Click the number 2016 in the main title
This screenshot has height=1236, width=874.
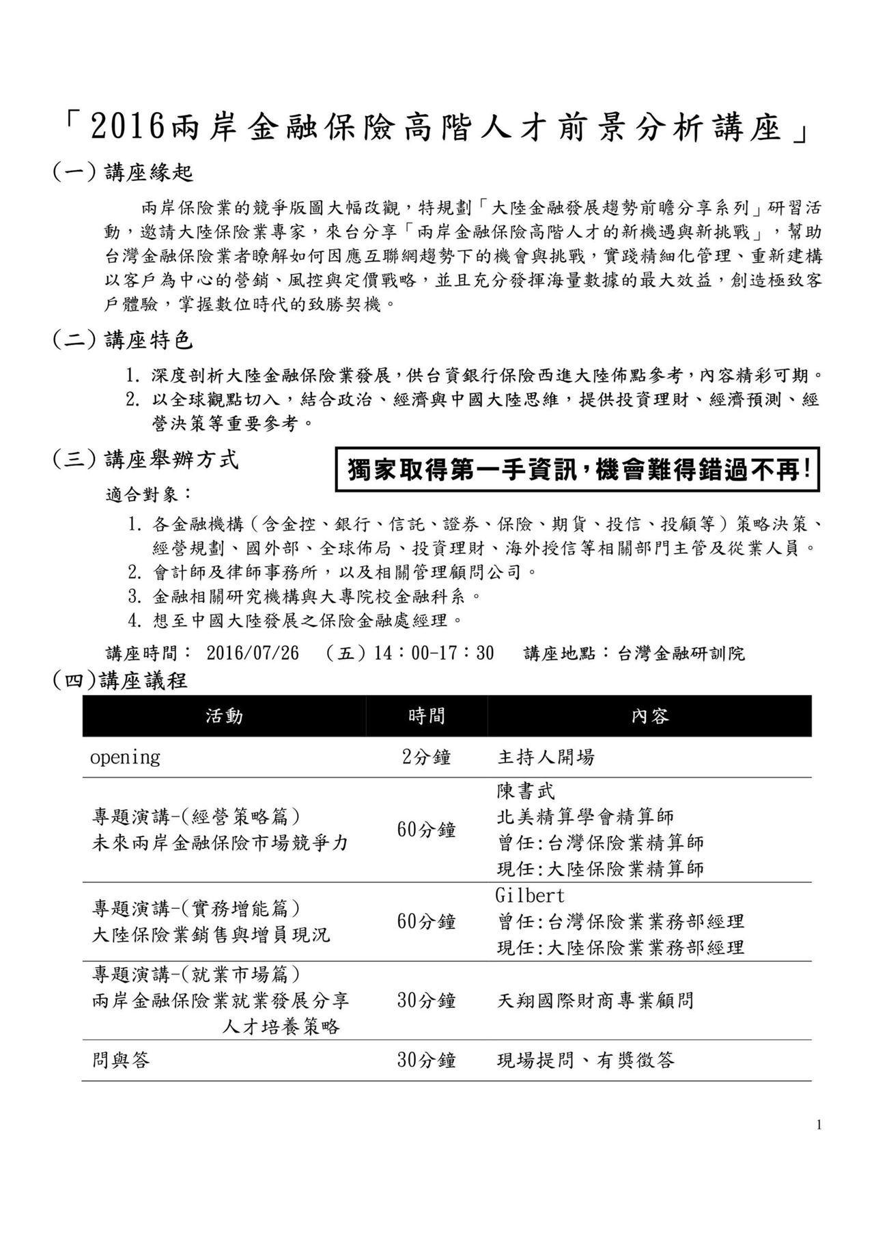coord(128,127)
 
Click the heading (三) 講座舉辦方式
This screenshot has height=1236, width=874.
coord(145,460)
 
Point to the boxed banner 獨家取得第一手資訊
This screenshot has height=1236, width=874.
coord(578,470)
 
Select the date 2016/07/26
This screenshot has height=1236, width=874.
coord(253,654)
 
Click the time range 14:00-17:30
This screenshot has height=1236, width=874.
coord(434,654)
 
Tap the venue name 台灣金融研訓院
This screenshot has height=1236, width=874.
coord(681,654)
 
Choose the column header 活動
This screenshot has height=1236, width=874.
coord(224,716)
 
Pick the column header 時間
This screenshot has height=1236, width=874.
coord(426,716)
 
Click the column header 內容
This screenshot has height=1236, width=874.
coord(649,716)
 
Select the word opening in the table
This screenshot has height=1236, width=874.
coord(126,757)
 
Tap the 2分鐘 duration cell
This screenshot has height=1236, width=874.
coord(426,757)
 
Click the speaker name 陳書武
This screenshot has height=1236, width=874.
coord(526,791)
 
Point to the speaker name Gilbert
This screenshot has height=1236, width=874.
coord(530,895)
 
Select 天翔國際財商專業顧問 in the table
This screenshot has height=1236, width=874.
coord(595,1001)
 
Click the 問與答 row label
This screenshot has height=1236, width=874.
coord(121,1061)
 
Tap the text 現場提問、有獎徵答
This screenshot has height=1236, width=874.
coord(586,1061)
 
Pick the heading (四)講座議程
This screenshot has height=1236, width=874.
coord(120,680)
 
